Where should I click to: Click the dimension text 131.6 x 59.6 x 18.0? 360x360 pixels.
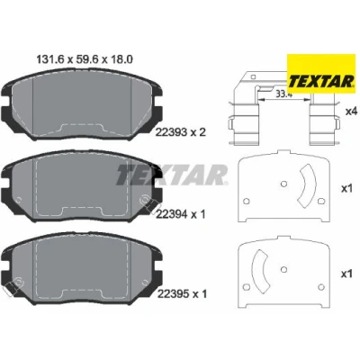pos(85,59)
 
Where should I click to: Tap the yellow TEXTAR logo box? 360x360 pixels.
pos(320,74)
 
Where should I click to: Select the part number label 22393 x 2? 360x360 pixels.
pos(181,132)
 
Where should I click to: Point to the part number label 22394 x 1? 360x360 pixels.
pos(181,214)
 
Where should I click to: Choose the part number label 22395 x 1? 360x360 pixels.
pos(182,294)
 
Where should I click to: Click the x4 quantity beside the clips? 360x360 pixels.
pos(352,112)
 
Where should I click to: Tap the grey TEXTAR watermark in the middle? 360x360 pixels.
pos(172,175)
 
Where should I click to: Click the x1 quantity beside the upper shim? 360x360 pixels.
pos(346,189)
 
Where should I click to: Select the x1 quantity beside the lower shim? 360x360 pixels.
pos(346,274)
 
